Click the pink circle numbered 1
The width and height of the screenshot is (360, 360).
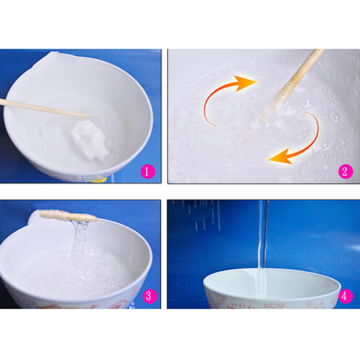148,171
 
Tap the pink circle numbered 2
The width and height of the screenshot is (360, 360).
346,171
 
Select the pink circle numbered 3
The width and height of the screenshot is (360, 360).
150,296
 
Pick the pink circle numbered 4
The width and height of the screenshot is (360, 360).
346,296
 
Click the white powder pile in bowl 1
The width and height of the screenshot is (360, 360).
90,139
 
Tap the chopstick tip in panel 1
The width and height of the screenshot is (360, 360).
86,115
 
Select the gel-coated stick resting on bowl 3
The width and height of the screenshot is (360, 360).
68,215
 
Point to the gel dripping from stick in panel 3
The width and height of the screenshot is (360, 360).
81,238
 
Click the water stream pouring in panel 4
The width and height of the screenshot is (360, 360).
262,247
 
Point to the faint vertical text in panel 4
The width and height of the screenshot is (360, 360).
204,216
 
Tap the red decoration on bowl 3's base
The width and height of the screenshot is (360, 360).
72,306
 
